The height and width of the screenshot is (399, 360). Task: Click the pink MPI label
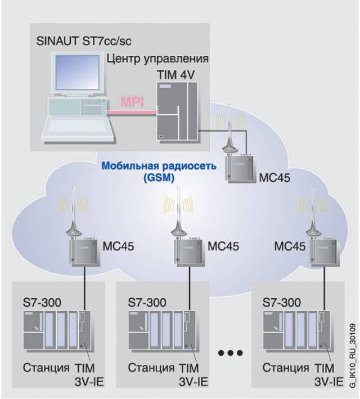click(131, 104)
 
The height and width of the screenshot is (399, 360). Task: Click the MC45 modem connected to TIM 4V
click(237, 167)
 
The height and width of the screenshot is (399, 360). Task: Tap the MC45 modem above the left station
click(83, 248)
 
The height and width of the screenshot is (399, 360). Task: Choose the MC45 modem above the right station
click(322, 248)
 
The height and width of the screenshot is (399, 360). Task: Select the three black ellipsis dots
click(229, 353)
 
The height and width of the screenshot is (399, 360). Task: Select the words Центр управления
click(157, 59)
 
